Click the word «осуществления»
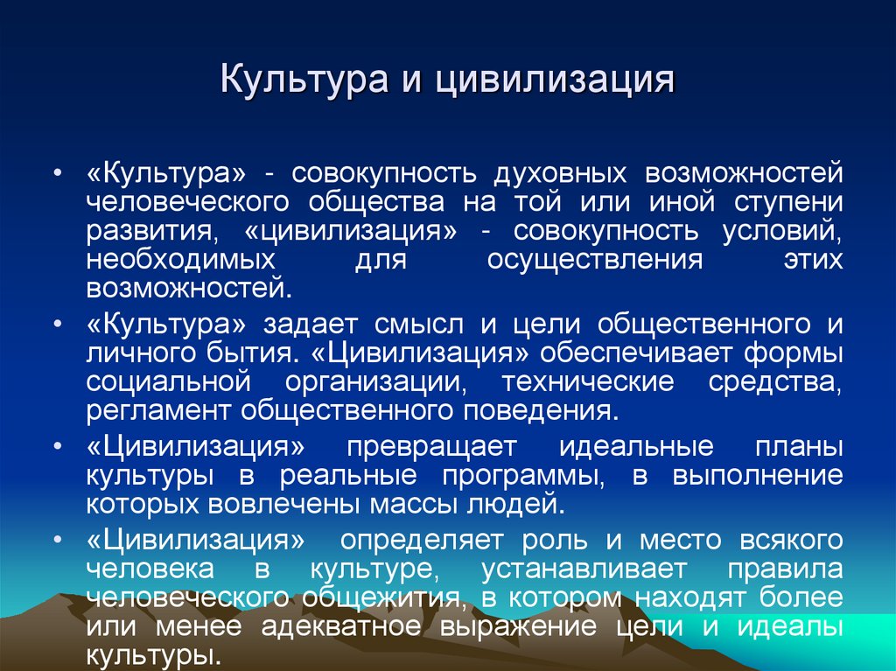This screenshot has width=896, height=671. (594, 260)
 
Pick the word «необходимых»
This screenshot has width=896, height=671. (179, 260)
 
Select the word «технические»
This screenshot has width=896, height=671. (588, 382)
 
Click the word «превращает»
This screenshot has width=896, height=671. (432, 448)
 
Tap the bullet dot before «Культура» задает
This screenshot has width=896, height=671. (57, 325)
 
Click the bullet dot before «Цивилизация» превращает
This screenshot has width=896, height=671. (57, 448)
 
